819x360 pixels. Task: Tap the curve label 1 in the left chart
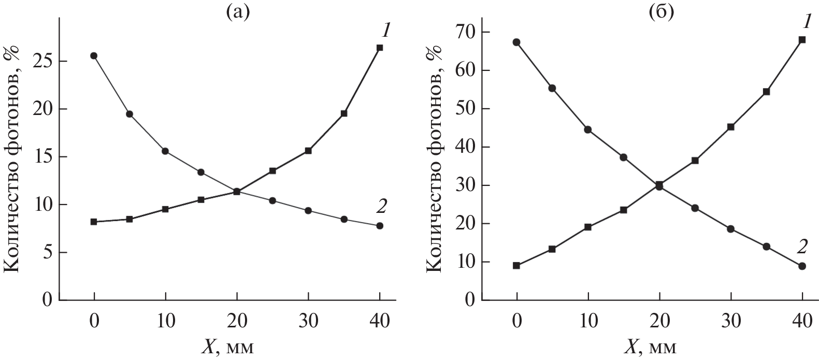click(385, 31)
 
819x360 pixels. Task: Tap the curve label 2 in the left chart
click(381, 207)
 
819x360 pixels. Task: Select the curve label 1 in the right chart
click(806, 22)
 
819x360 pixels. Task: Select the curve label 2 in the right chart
click(802, 247)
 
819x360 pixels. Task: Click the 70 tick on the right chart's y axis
click(465, 32)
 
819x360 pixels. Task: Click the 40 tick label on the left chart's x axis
click(380, 322)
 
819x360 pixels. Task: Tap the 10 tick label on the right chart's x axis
click(587, 322)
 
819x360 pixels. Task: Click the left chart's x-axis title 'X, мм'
click(228, 346)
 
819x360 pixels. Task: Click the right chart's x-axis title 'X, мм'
click(651, 346)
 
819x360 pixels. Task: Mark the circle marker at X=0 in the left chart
click(94, 56)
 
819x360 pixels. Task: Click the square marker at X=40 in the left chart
click(380, 48)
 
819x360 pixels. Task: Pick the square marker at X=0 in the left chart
click(94, 222)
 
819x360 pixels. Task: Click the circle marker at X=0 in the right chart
click(516, 42)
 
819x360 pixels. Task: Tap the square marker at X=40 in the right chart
click(802, 39)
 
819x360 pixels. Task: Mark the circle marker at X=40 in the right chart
click(802, 266)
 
